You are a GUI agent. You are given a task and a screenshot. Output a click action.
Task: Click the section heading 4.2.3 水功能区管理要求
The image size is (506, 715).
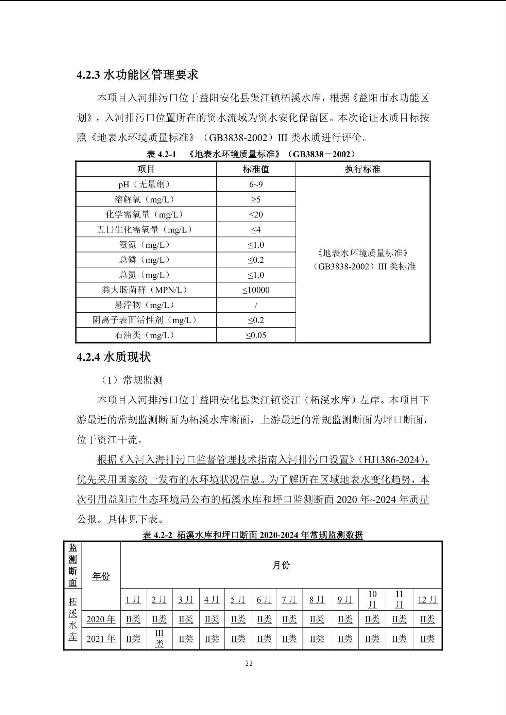(x=137, y=75)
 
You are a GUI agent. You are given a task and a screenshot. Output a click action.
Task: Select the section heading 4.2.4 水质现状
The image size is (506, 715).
(x=114, y=357)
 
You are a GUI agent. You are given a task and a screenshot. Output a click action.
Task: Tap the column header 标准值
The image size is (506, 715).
(x=256, y=169)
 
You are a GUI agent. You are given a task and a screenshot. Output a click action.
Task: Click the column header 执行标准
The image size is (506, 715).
(x=362, y=169)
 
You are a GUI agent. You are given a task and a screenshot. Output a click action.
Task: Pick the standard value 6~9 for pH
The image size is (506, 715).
(x=256, y=185)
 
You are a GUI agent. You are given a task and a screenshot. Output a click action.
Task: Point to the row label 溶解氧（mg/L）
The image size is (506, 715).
(x=146, y=199)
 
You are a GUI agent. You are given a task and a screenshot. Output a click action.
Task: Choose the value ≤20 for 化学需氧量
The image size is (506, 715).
(x=256, y=214)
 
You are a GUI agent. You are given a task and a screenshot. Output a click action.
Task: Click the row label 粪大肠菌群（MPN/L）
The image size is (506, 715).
(x=146, y=290)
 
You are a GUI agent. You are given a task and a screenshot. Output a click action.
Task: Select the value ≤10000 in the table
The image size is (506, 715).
(x=256, y=290)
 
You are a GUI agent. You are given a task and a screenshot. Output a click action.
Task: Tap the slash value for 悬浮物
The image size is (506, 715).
(x=256, y=305)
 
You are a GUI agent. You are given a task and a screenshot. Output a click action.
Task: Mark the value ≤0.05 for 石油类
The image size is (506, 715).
(x=256, y=335)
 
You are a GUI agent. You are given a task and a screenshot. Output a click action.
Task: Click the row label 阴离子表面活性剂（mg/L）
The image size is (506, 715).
(x=146, y=320)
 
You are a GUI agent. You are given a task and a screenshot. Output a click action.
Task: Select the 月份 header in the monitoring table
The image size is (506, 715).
(x=281, y=565)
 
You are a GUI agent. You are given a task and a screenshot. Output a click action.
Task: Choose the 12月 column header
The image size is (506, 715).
(x=427, y=600)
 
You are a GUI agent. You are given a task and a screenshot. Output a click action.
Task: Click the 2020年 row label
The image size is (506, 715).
(x=101, y=619)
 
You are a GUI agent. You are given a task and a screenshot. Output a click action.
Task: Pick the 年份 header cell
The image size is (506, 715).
(x=101, y=576)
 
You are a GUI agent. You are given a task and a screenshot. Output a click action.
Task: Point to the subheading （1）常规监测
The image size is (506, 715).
(x=132, y=380)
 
